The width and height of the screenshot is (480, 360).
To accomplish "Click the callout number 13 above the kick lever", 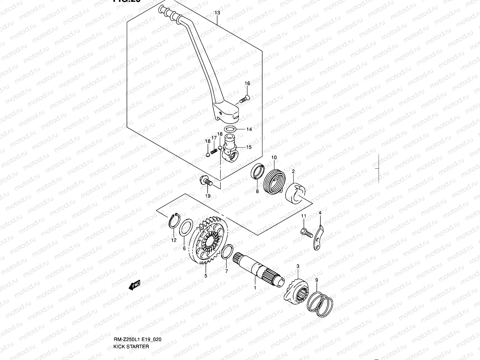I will pos(217,13).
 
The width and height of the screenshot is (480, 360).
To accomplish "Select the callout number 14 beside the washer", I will pos(249,130).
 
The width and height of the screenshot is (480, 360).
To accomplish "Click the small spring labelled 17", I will pos(214,151).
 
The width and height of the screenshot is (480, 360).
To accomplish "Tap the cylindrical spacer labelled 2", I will pos(295,193).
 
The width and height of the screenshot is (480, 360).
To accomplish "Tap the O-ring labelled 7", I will pos(227,251).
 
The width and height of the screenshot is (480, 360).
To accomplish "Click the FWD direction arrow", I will pos(135,285).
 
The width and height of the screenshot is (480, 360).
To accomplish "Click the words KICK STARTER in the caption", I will pos(131,346).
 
